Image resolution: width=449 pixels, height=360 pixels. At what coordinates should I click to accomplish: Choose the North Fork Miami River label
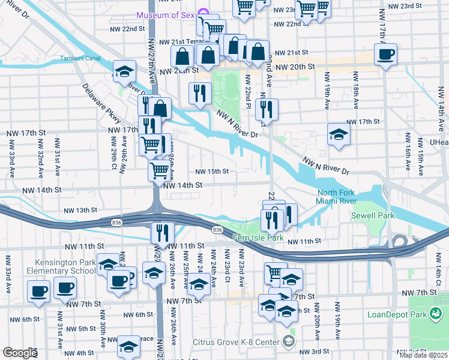click(x=337, y=197)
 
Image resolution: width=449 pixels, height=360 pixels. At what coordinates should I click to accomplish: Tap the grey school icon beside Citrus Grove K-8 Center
click(x=289, y=343)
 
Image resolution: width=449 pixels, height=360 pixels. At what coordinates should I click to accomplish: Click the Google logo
click(x=19, y=353)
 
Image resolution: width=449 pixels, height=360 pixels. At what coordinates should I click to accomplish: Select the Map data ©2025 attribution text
click(x=424, y=355)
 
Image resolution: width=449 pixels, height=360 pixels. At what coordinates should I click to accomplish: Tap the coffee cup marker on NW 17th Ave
click(x=385, y=55)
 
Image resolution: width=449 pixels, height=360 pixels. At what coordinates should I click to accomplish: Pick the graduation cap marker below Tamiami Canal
click(x=124, y=71)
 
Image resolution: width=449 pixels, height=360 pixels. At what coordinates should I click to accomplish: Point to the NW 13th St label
click(x=80, y=210)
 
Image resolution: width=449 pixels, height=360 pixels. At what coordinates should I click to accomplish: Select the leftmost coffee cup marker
click(x=39, y=292)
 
